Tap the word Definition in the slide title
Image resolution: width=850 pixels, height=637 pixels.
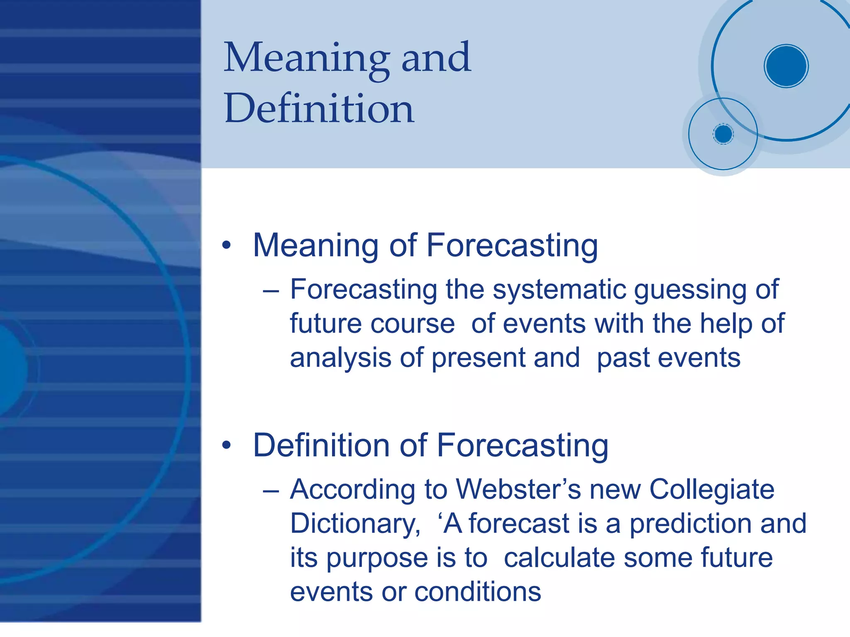319,109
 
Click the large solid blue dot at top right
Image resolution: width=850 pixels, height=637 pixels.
786,66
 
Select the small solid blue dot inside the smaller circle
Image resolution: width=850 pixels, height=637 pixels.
723,134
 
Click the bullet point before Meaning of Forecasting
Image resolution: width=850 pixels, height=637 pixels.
226,245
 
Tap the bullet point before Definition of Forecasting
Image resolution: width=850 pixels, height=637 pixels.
226,445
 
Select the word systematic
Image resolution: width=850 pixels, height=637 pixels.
559,290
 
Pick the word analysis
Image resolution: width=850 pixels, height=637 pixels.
340,359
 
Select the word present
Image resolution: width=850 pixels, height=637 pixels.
479,359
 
